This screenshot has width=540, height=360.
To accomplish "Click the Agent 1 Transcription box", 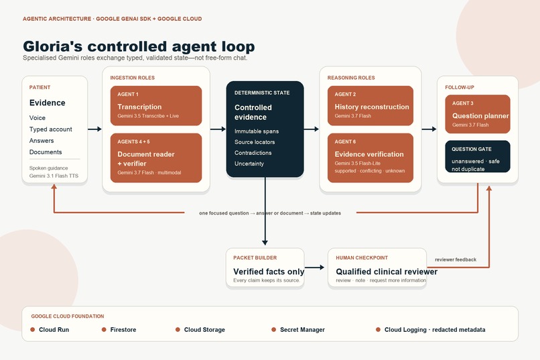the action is pos(156,105).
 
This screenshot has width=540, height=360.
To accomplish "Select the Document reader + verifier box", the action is pos(156,158).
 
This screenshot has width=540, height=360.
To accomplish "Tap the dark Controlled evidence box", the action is pos(265,129).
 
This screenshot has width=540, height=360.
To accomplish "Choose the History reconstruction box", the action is pos(370,105).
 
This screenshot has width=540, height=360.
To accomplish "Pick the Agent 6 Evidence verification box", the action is pos(370,158).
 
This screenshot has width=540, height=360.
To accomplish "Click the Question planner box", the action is pos(477,114).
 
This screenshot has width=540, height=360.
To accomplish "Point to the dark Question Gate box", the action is pos(477,156).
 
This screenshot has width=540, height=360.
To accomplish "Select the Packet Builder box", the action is pos(265,267).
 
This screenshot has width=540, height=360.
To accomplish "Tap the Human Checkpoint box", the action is pos(377,267).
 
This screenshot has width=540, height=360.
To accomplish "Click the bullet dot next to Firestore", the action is pos(104,330).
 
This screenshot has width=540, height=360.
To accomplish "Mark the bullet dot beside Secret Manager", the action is pos(274,330).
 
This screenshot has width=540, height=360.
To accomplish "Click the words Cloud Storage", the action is pos(204,330).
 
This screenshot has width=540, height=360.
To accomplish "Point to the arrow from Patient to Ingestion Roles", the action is pos(94,129).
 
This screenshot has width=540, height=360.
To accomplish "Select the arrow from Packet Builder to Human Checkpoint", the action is pos(314,267).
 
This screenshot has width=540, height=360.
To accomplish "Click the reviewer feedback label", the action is pos(456,259).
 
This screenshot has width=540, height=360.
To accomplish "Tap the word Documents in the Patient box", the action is pos(46,152).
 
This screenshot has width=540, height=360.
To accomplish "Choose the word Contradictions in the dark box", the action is pos(253,153).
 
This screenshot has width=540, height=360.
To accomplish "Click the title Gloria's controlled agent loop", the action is pos(139,46).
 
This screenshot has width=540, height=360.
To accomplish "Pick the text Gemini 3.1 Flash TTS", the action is pos(54,176).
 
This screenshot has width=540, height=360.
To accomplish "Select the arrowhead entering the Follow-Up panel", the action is pos(434,129).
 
